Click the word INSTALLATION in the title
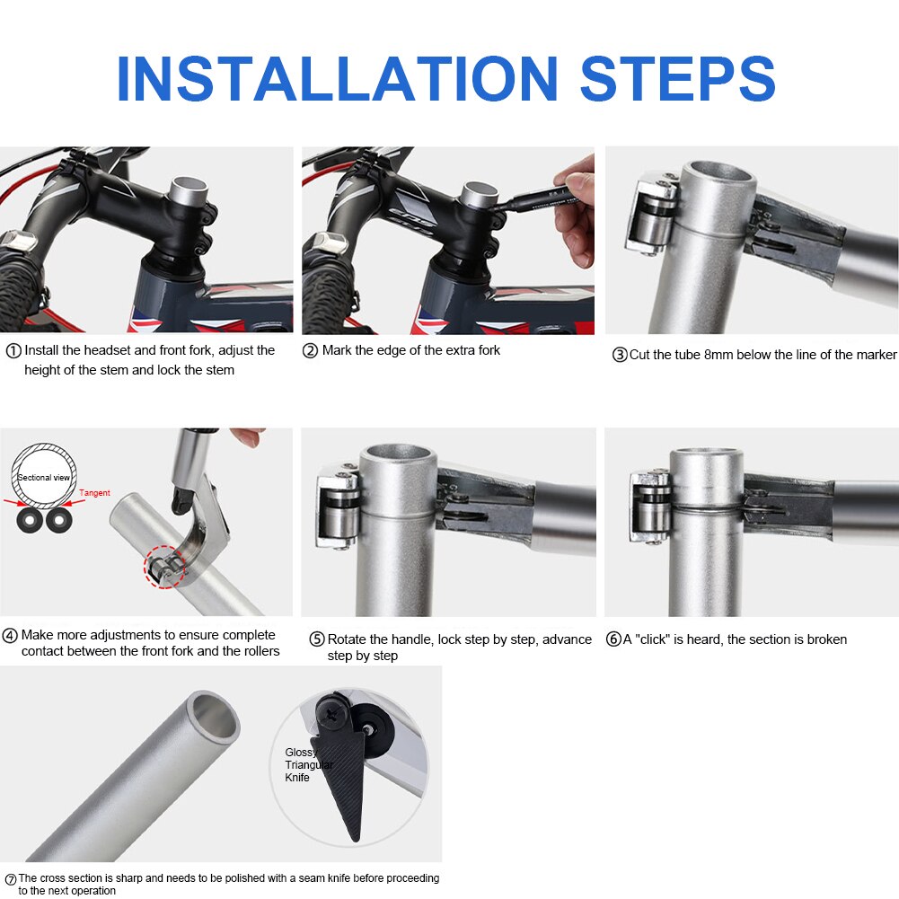coord(337,78)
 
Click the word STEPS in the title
coord(678,78)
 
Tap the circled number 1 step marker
coord(13,351)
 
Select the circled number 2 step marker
coord(310,351)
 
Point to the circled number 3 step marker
coord(620,355)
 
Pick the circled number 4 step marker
coord(10,636)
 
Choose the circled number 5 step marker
coord(317,639)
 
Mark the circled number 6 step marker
coord(613,639)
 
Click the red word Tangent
coord(94,493)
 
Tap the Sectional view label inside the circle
coord(44,478)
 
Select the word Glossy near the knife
coord(301,753)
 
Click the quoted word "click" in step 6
coord(652,639)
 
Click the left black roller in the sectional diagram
coord(30,521)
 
